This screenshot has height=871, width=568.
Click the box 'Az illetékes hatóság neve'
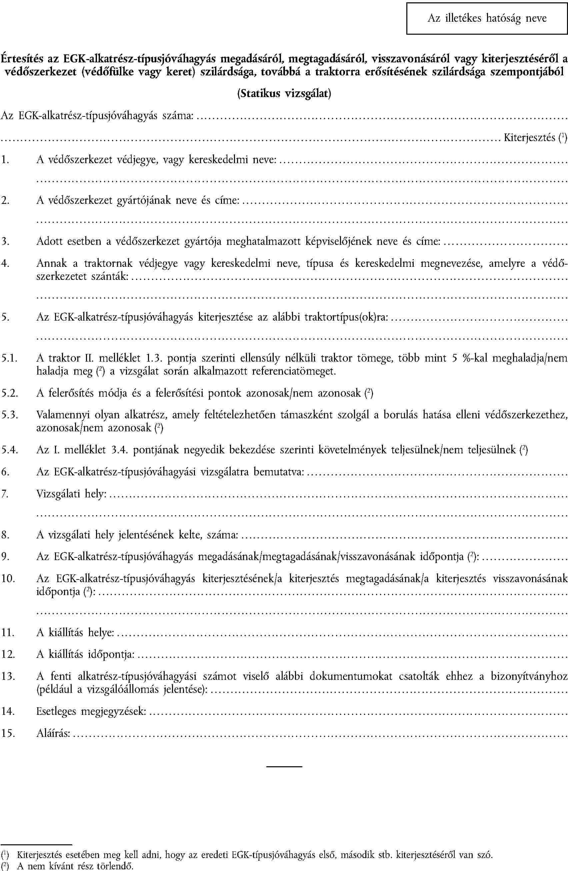[487, 18]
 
